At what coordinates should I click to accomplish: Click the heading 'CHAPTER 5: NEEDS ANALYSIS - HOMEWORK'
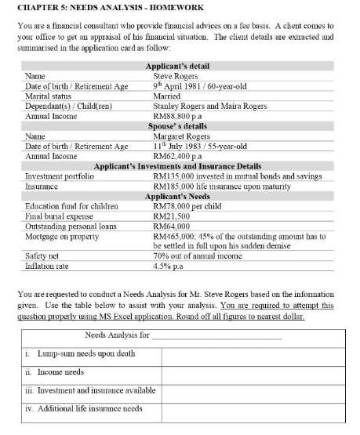tap(97, 7)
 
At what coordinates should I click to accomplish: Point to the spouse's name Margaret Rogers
tap(181, 136)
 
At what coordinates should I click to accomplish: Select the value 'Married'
tap(166, 96)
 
